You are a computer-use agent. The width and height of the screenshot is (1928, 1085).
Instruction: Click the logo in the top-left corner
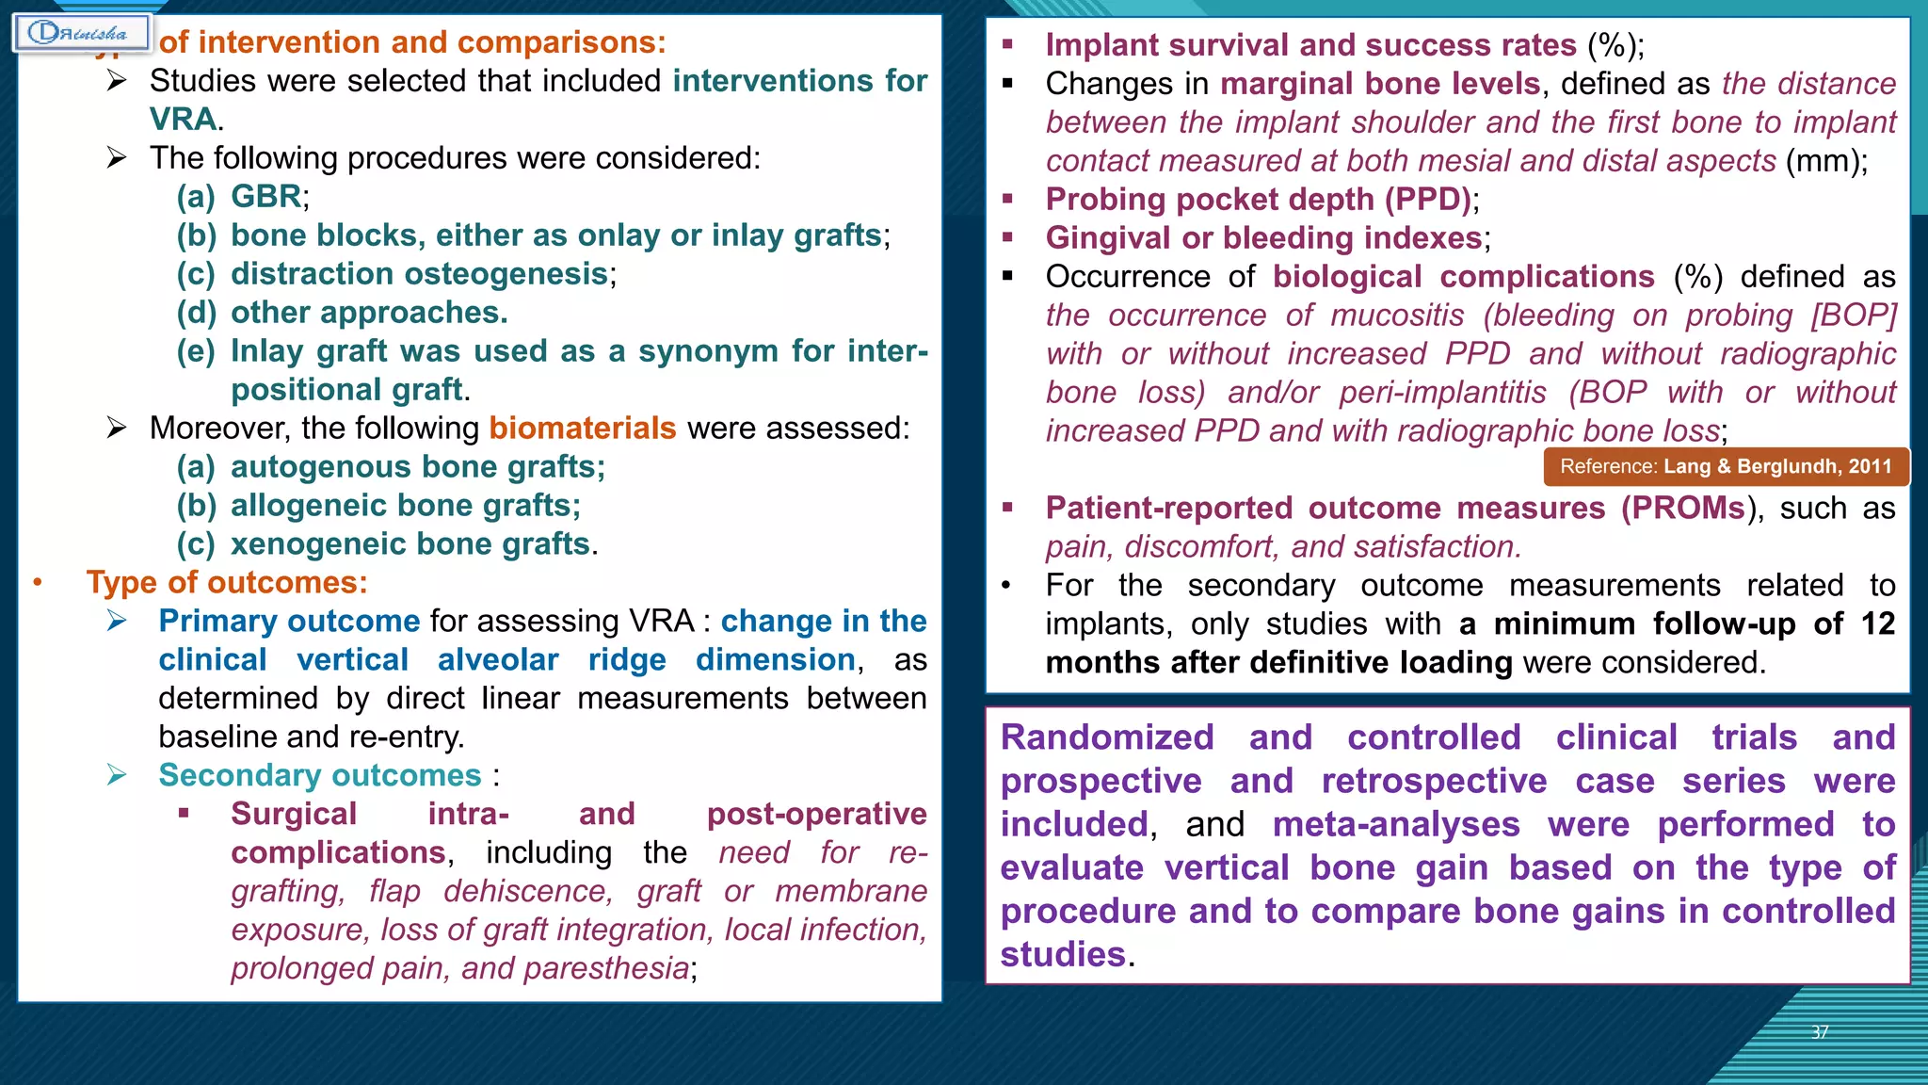[x=82, y=33]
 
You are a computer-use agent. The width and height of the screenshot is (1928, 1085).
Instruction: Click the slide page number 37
[x=1820, y=1032]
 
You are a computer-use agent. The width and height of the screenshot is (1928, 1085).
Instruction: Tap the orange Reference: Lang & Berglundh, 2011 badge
[x=1726, y=467]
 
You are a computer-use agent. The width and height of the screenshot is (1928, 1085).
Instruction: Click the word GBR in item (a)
[x=266, y=197]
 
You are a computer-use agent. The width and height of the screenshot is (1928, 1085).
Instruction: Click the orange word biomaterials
[x=582, y=429]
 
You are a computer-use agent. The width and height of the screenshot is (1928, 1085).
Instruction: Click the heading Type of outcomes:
[x=227, y=583]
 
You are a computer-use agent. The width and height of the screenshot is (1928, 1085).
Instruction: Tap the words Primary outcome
[x=289, y=622]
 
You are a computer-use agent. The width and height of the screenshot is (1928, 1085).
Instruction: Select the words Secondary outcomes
[x=320, y=776]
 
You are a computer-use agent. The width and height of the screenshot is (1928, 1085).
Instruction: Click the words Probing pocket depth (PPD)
[x=1259, y=200]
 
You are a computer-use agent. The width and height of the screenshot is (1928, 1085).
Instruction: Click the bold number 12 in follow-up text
[x=1877, y=624]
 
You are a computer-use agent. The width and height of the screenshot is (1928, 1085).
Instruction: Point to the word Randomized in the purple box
[x=1107, y=737]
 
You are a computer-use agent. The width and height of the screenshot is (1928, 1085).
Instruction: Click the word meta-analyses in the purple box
[x=1396, y=825]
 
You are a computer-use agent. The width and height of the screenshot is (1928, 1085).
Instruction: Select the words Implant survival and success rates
[x=1310, y=45]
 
